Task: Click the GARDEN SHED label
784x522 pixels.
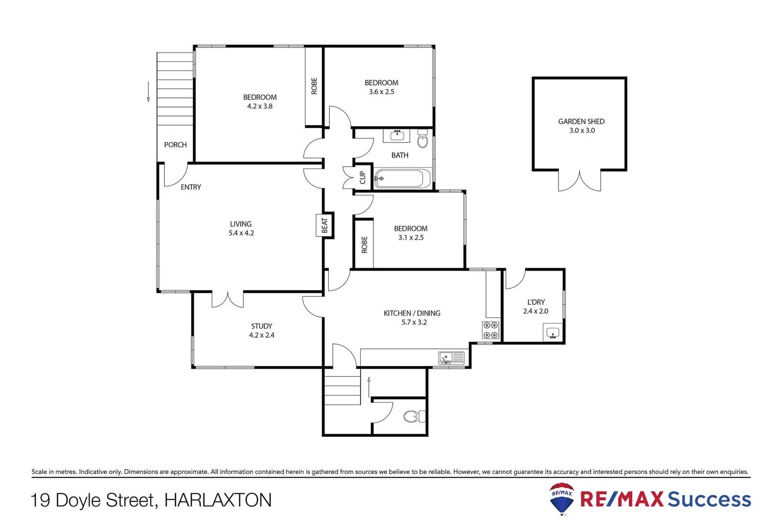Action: point(581,121)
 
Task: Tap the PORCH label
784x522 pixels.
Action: point(175,145)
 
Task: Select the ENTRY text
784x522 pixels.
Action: point(191,187)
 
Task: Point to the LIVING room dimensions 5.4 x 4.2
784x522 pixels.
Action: point(241,233)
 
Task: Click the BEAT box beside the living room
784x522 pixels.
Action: point(325,225)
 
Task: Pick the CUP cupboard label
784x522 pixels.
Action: point(362,177)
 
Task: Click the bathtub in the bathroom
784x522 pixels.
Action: point(402,178)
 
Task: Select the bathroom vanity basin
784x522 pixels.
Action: point(397,135)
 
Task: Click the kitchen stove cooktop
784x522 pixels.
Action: point(490,330)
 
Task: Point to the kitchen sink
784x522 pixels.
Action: point(451,358)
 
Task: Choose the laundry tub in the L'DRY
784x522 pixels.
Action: point(552,333)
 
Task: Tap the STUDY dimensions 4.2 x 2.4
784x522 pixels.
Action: point(262,335)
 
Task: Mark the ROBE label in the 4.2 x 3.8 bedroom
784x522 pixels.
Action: point(314,86)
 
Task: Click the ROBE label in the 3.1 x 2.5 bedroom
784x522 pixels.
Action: point(364,245)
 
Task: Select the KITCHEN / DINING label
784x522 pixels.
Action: point(412,313)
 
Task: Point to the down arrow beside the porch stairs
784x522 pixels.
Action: point(148,92)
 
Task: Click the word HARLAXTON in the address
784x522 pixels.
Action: point(218,500)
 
